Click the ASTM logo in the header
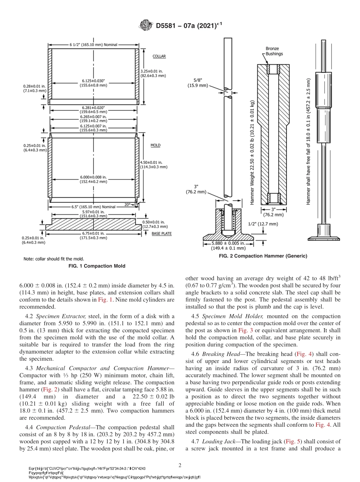click(146, 26)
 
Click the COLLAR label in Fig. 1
click(159, 56)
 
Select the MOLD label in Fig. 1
click(155, 145)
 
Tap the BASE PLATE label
click(162, 234)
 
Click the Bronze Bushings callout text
click(274, 51)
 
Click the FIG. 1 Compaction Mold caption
click(97, 266)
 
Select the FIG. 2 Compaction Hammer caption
click(263, 256)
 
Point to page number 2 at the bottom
click(180, 465)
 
